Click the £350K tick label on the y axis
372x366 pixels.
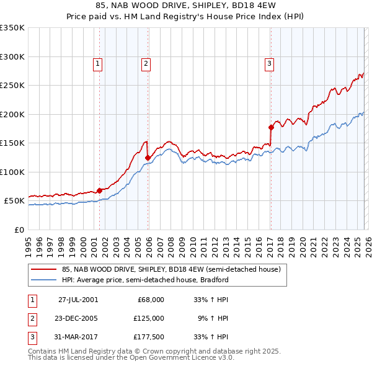(12, 28)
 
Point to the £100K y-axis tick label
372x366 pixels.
(12, 172)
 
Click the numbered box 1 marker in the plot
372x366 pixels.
(98, 63)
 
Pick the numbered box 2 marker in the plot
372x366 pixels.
(145, 63)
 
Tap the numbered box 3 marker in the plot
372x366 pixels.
(270, 63)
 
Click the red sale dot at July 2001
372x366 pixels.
(100, 190)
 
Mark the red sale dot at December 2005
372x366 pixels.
(148, 158)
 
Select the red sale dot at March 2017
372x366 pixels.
(271, 127)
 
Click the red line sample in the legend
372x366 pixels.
(44, 269)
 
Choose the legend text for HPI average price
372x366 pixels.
(145, 280)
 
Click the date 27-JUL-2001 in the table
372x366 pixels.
(77, 300)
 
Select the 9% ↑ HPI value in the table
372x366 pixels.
(214, 318)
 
